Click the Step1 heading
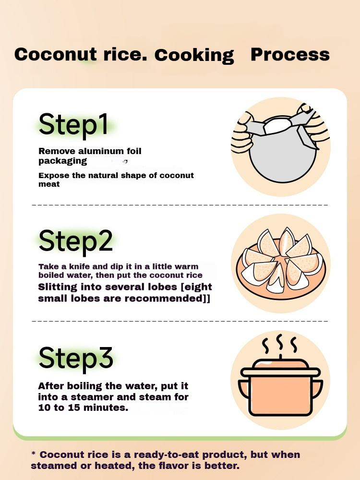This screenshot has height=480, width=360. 73,124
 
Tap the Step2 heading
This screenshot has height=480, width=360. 76,241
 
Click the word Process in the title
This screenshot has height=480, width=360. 290,55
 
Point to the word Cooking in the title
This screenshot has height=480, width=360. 194,56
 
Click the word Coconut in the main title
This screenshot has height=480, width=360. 56,54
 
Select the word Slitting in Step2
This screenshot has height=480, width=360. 58,287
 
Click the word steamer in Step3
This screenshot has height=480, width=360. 93,397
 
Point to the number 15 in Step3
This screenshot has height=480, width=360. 74,408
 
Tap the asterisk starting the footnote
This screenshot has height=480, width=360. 34,453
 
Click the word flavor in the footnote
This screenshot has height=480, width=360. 171,466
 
